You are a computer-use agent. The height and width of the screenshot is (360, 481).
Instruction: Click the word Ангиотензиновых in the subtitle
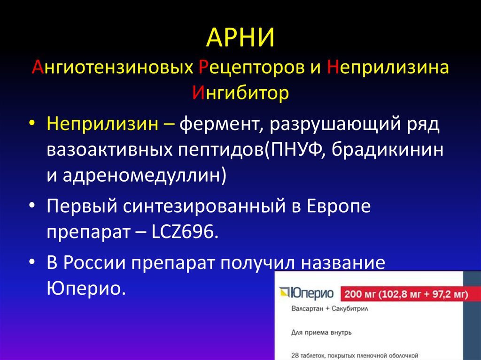(111, 68)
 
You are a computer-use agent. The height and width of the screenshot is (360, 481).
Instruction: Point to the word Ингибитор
(240, 93)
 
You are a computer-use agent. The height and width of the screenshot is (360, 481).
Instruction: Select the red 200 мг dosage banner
(406, 295)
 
